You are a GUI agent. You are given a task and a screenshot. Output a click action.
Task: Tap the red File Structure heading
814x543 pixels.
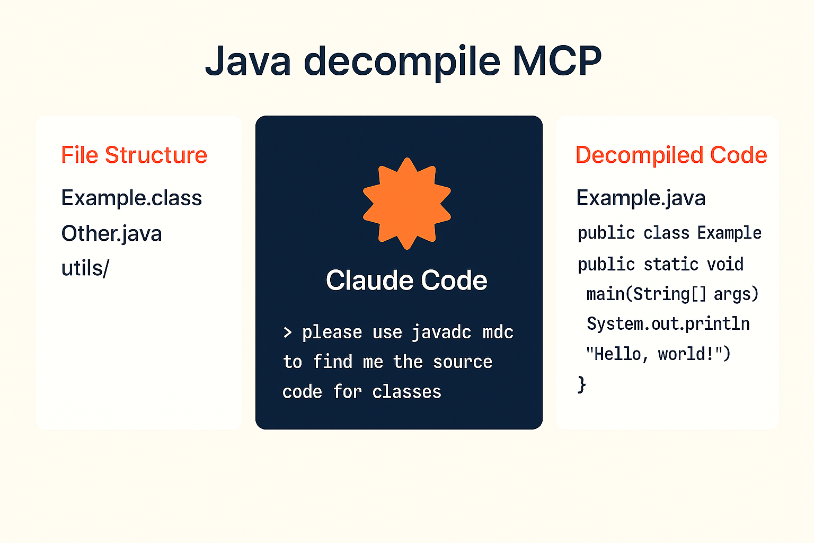tap(134, 155)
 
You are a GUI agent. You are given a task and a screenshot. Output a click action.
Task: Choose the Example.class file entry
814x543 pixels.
tap(131, 198)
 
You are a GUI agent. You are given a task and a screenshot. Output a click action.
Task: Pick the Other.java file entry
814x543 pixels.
tap(111, 234)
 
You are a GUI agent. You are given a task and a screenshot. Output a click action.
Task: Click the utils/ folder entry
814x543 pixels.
tap(85, 268)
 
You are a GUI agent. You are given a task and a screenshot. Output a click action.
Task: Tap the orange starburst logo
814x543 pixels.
tap(406, 204)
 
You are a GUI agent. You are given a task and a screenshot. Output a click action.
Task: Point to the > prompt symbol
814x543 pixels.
tap(287, 332)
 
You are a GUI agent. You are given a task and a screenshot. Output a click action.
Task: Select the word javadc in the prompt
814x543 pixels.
tap(441, 332)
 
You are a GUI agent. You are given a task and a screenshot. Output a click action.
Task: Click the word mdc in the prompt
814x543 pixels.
tap(498, 332)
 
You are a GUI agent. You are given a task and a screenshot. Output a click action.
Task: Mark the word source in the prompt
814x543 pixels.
tap(463, 362)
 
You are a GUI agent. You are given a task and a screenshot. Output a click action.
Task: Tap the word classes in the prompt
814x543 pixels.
tap(406, 392)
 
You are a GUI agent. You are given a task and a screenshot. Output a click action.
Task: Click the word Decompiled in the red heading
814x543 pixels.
tap(639, 155)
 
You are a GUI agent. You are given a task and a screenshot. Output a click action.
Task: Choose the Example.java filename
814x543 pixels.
tap(641, 198)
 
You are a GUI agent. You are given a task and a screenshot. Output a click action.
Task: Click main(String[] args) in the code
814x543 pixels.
tap(672, 294)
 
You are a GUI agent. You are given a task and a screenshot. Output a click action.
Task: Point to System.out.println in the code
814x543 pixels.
tap(668, 323)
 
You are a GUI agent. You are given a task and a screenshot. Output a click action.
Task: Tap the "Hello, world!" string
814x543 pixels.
tap(657, 354)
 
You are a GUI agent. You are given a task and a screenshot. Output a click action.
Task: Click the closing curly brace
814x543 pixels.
tap(581, 384)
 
